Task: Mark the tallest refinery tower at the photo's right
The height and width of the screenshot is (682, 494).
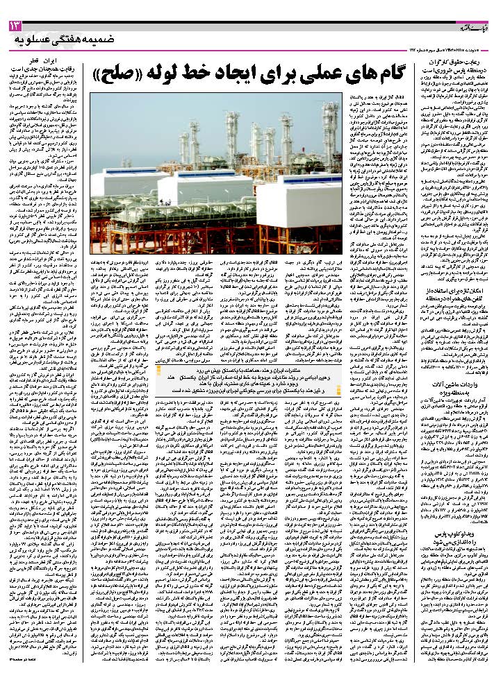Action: [x=332, y=132]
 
